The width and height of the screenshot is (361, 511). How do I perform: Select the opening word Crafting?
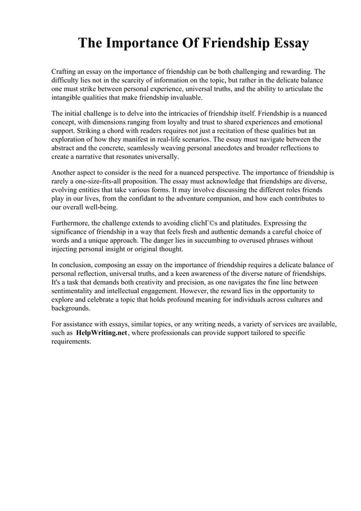pyautogui.click(x=65, y=72)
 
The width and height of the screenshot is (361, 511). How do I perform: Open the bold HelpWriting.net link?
pyautogui.click(x=101, y=333)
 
